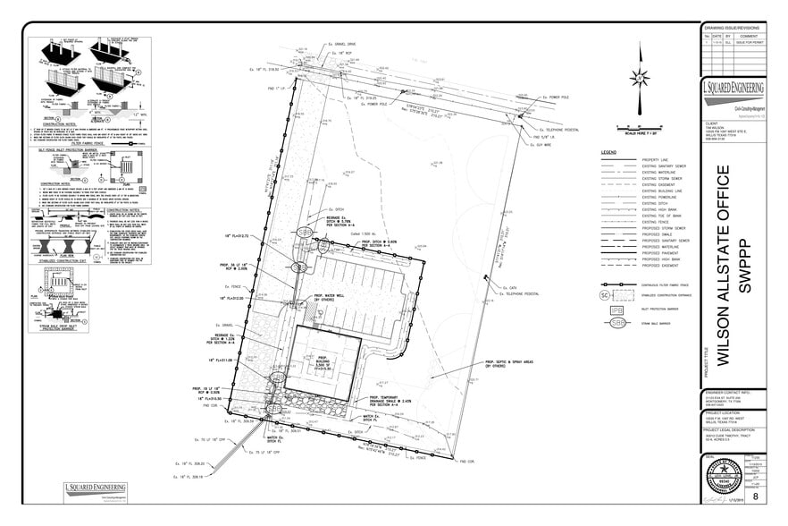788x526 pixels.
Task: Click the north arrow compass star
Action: [x=640, y=77]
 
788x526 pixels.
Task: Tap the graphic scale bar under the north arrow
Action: [x=640, y=127]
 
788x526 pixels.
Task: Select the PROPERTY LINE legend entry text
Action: [x=656, y=159]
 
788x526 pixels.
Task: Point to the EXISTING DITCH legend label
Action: [x=657, y=203]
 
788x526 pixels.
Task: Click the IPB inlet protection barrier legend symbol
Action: [x=616, y=309]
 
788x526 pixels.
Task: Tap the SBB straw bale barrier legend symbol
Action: [x=616, y=322]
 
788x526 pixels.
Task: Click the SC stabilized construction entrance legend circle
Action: [x=604, y=293]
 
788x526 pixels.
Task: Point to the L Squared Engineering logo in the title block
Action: [x=734, y=91]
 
